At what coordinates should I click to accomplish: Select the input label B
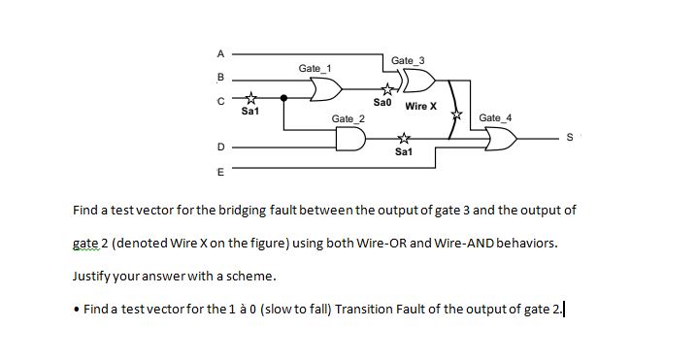pos(220,76)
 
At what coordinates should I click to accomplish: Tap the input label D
pos(220,147)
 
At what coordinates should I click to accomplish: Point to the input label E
pos(220,172)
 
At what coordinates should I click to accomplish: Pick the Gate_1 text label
pos(314,69)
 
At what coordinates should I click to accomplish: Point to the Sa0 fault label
pos(382,102)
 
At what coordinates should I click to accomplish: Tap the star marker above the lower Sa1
pos(405,138)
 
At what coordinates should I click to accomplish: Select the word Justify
pos(94,277)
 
